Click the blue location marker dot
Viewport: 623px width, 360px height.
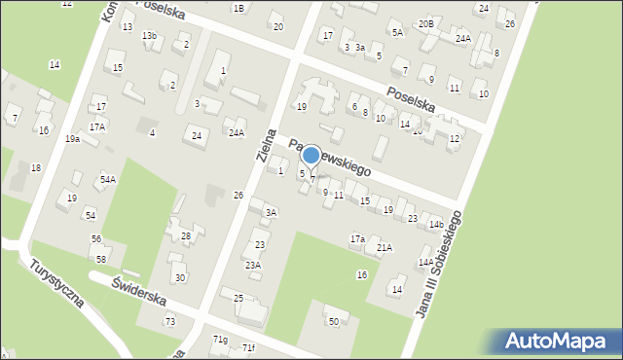pos(311,155)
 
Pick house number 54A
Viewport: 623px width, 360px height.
pos(107,179)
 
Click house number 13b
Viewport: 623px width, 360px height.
pos(149,36)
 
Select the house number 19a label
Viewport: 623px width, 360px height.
pos(73,139)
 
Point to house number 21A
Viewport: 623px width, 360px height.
pos(385,248)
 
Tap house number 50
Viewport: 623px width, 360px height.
pos(334,321)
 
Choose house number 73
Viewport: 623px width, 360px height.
pos(170,321)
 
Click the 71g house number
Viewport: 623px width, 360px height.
pos(221,339)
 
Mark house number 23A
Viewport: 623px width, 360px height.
pos(252,265)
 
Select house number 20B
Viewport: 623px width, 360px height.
pos(425,23)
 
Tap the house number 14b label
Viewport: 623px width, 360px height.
pos(436,225)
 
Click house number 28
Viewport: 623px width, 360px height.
pos(186,235)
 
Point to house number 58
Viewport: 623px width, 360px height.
pos(101,258)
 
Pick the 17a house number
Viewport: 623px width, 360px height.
pos(357,238)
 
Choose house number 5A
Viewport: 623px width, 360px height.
pos(397,32)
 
